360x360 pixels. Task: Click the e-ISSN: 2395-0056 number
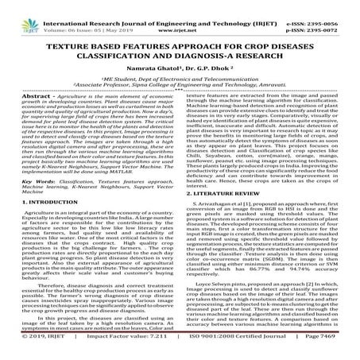click(327, 6)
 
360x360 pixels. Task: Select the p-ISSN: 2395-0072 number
click(327, 16)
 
